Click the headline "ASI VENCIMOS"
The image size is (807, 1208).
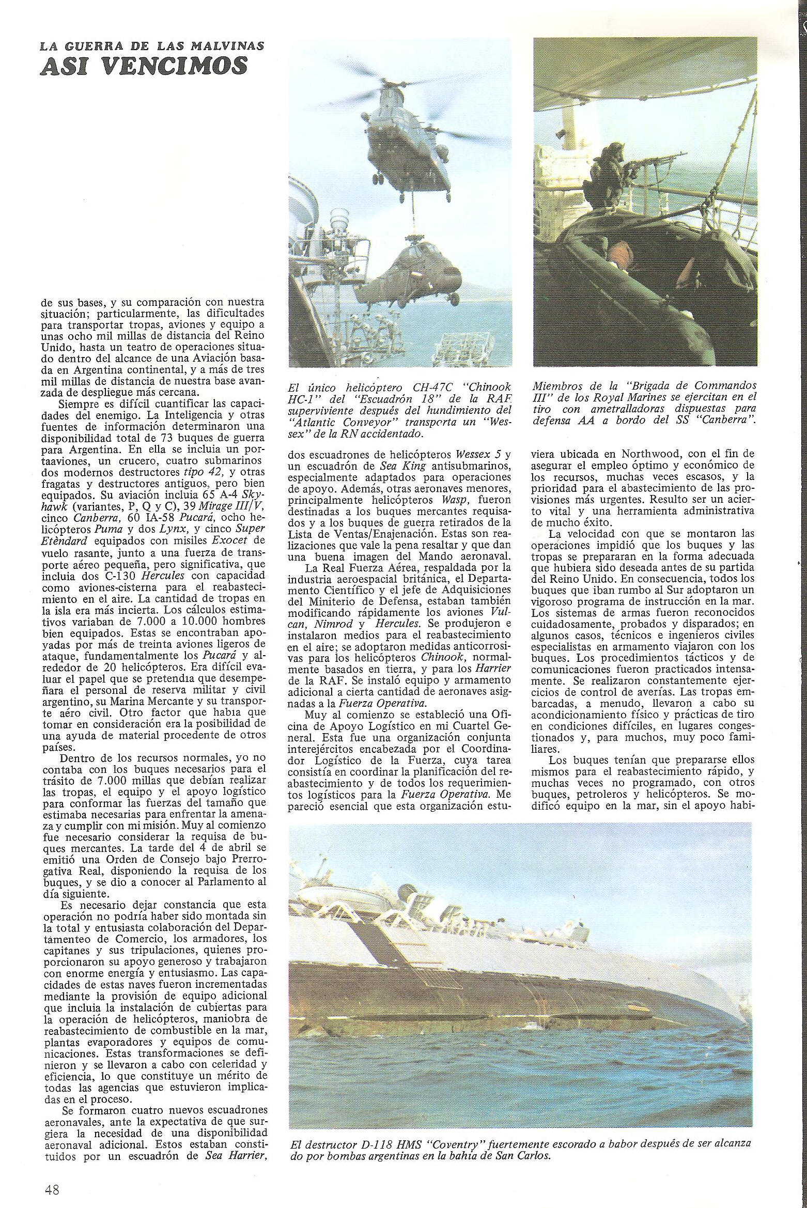(144, 67)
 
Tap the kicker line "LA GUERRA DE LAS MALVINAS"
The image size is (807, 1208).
(152, 46)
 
